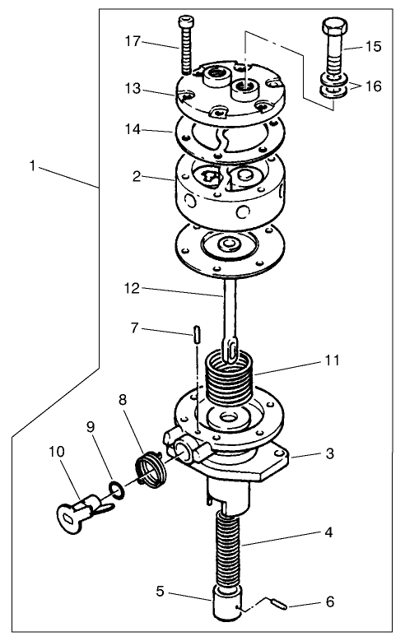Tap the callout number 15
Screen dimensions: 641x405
[373, 46]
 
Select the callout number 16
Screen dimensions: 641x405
[373, 86]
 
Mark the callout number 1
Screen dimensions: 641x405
[32, 165]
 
